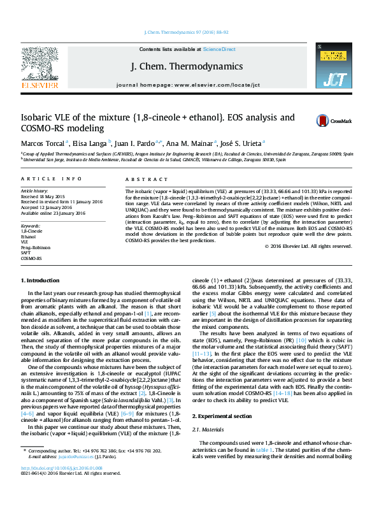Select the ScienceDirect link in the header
219,49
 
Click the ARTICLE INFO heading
51,180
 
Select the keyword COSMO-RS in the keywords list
31,258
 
